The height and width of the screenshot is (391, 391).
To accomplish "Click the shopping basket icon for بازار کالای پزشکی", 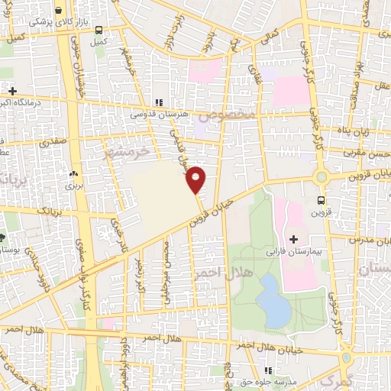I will (79, 10).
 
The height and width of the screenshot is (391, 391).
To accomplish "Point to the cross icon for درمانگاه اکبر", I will (12, 92).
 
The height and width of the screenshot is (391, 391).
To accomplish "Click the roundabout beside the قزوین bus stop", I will (322, 177).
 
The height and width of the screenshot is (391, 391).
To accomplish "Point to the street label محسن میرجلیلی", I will (167, 269).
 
